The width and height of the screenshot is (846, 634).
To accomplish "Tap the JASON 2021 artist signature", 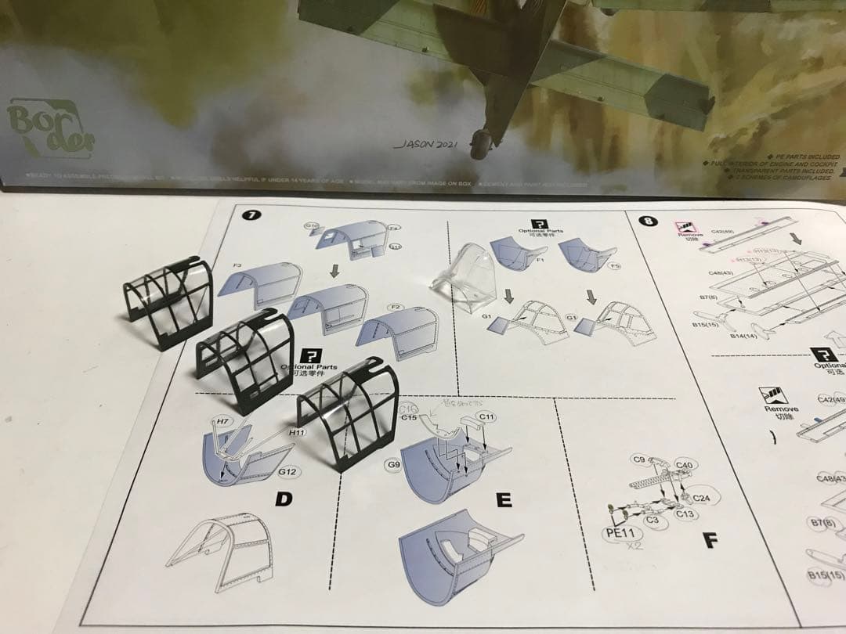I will pos(428,145).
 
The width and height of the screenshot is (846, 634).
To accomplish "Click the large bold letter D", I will pos(284,498).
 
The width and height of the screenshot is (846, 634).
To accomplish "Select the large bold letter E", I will pos(504,499).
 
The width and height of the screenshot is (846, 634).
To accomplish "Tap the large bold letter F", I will pos(710,539).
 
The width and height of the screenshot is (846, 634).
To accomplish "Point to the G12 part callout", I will pos(287,472).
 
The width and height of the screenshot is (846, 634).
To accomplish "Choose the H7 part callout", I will pos(223,422).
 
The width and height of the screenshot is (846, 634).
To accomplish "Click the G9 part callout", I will pos(393,466).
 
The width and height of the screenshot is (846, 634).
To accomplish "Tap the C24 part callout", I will pos(701,498).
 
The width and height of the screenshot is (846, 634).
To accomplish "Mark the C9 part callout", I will pos(638,459).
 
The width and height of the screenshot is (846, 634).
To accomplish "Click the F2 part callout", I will pos(396,307).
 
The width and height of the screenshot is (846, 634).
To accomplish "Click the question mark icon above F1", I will pos(539,224).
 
